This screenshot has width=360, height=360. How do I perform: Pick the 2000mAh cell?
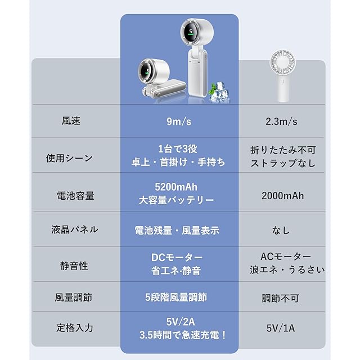283,195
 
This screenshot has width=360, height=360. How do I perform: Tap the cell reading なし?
283,229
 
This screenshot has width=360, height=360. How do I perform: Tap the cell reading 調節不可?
283,299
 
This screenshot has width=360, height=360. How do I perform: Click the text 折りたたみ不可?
283,150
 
